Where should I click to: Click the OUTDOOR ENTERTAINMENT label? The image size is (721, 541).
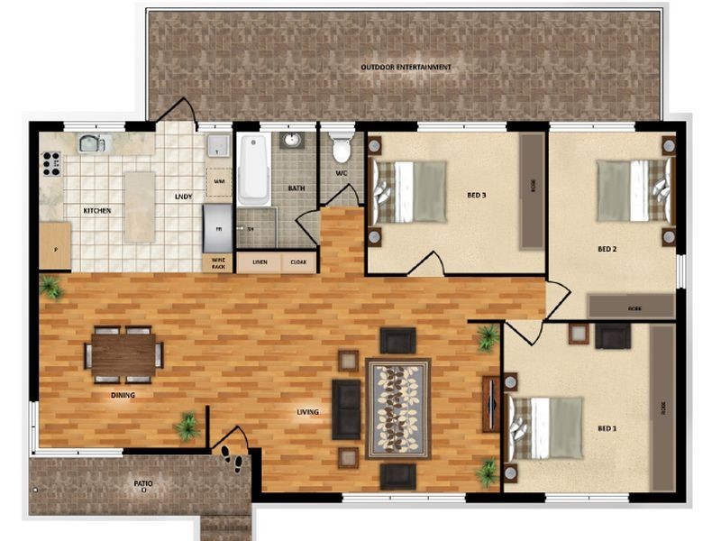pos(406,68)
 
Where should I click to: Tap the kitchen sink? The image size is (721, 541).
pos(93,142)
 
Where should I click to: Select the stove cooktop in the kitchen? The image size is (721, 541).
pos(51,164)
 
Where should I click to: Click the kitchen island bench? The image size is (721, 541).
pos(140,206)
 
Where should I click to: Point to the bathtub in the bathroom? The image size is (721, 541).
pos(253,170)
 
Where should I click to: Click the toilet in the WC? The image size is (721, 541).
pos(341,147)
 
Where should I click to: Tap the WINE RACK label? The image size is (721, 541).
pos(217,262)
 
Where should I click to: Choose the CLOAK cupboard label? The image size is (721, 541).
pos(297,262)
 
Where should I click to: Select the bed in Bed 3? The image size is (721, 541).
pos(411,191)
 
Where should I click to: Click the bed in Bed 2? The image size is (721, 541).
pos(635,190)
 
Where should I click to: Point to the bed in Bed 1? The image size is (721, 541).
pos(543,427)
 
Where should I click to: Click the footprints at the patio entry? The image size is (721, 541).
pos(232,457)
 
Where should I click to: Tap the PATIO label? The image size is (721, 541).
pos(142,484)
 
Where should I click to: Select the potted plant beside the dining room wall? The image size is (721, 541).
pos(187,426)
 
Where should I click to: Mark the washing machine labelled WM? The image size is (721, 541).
pos(218,181)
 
